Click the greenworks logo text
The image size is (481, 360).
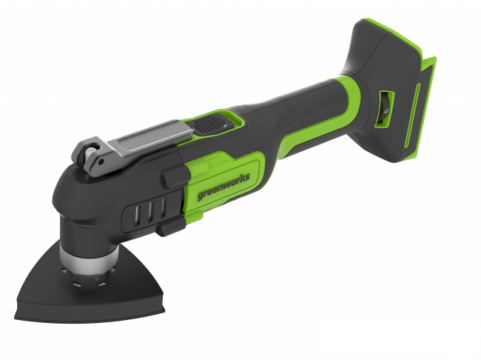point(223,186)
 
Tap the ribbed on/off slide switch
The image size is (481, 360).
point(209,126)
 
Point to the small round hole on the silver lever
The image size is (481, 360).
point(101,162)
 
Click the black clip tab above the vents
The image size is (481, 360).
point(174,177)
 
